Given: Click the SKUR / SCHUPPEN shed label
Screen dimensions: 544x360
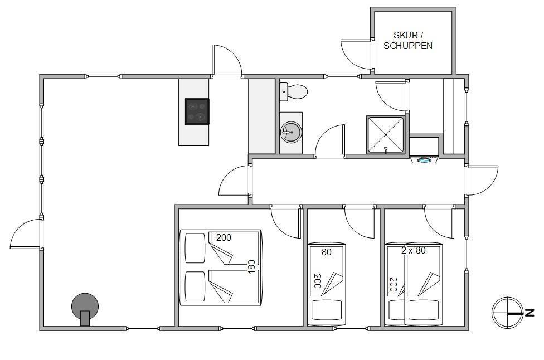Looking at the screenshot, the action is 408,40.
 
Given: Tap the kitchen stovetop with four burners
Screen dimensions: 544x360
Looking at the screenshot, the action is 197,111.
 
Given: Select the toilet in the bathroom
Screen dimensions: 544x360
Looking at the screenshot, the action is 294,92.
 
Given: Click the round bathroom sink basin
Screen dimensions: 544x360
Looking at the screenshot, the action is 291,132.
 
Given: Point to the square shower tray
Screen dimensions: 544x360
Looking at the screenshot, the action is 386,134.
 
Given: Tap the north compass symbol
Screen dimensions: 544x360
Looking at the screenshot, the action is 507,313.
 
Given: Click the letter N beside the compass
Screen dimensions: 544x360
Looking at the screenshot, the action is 530,313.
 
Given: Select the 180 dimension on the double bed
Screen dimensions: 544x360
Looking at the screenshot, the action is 251,267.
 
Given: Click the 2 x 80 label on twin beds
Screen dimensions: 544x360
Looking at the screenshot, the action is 413,250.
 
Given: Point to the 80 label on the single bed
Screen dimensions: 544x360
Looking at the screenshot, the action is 327,252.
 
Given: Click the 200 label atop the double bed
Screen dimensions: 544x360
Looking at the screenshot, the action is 224,237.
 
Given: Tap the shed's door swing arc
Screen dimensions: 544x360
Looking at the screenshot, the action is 356,55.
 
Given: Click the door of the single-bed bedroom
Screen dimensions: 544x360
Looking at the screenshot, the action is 360,222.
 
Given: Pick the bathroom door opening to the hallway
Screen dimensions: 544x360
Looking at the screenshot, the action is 330,141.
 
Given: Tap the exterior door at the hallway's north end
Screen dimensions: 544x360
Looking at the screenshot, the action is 483,181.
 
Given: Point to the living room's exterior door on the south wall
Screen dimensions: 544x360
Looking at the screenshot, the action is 26,233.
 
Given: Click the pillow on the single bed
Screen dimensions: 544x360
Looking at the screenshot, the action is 327,310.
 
